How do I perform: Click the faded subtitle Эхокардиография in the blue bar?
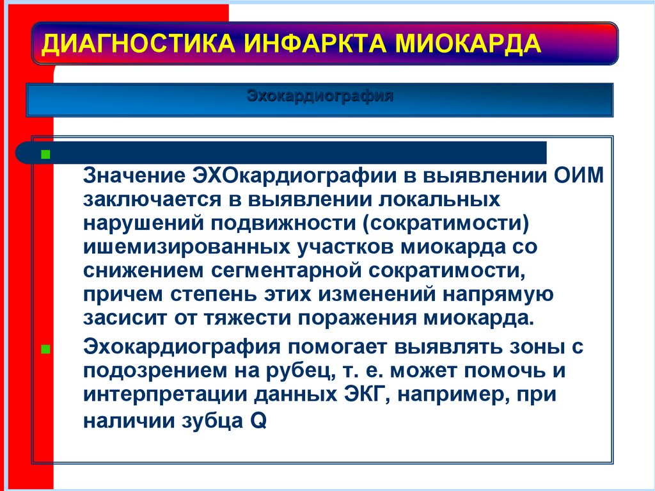click(319, 98)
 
